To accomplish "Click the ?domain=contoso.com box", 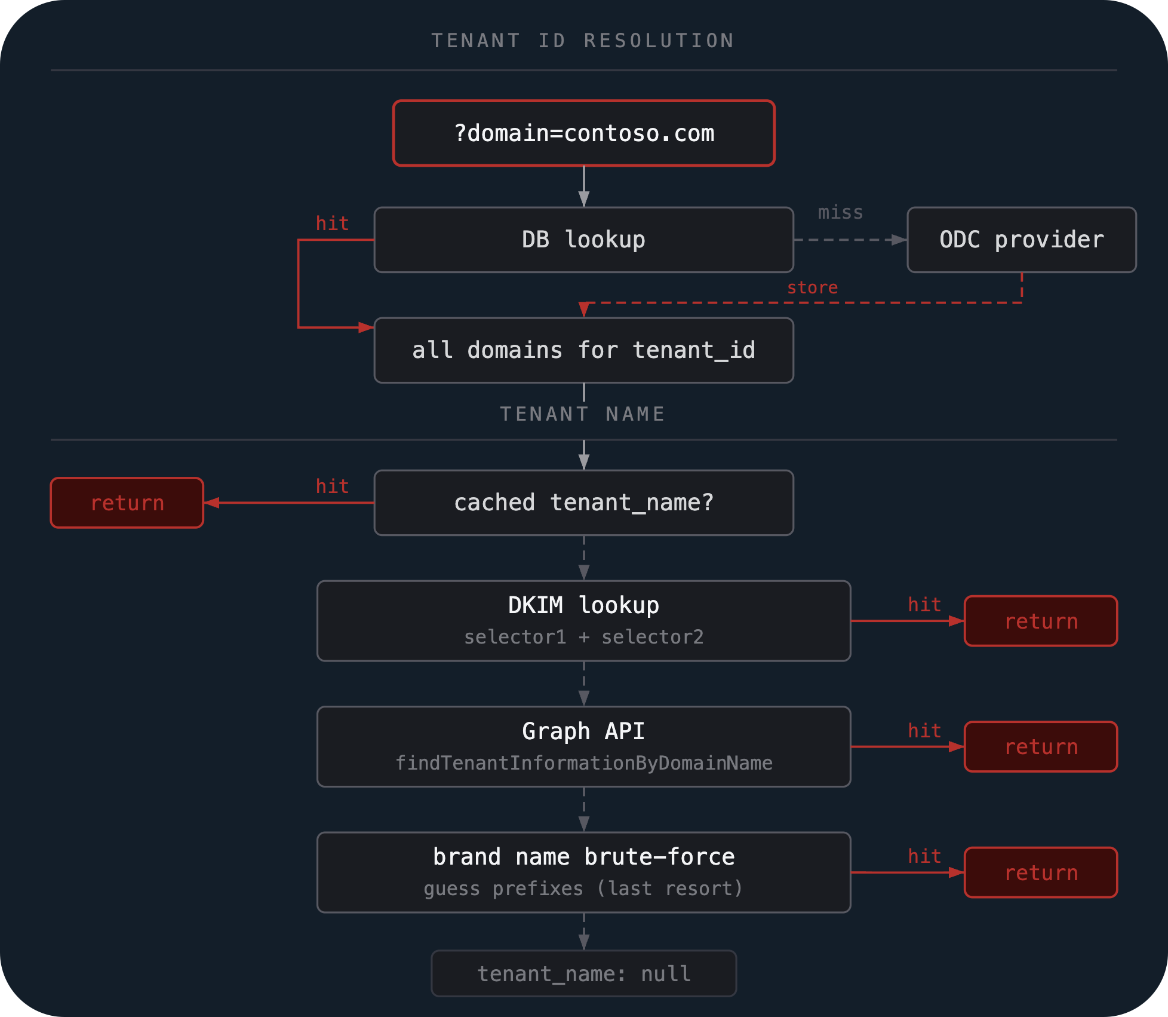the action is pos(583,133).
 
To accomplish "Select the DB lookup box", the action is pos(583,240).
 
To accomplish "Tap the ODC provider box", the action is pos(1022,240).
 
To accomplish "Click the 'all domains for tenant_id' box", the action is pos(583,350).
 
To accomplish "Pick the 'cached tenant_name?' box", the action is pos(583,503).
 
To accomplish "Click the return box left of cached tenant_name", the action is pos(127,503).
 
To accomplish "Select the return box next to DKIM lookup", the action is pos(1041,621).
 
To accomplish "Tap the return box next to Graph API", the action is pos(1041,746).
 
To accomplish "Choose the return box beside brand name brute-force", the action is pos(1041,872).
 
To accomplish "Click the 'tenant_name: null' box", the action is pos(583,973).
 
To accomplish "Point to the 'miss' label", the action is pos(840,213).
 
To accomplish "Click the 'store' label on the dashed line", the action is pos(812,288).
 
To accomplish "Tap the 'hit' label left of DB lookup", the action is pos(332,223).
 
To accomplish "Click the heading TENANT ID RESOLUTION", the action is pos(583,41).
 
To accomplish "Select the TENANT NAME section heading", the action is pos(582,414).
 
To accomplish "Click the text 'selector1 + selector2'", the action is pos(583,637).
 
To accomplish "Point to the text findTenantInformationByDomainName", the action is pos(583,763).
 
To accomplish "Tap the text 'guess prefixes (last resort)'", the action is pos(583,889).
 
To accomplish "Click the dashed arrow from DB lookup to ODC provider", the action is pos(850,240).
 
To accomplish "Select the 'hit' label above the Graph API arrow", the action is pos(924,730).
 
